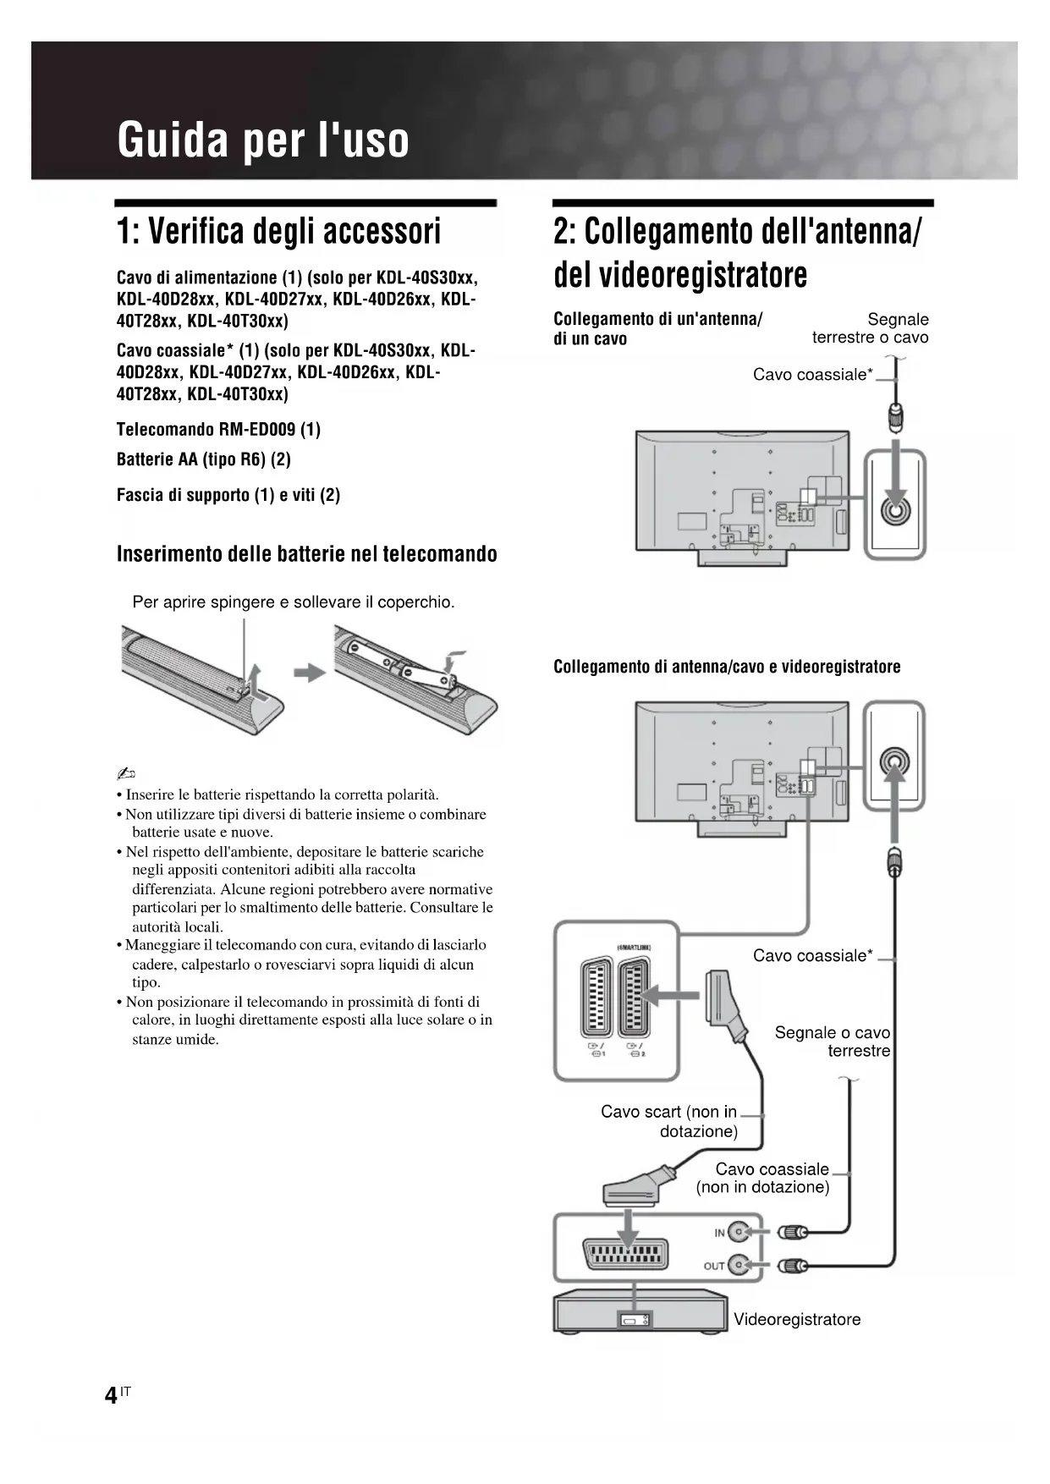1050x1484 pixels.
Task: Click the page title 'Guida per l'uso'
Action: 263,140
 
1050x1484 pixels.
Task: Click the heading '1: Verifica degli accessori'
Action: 278,231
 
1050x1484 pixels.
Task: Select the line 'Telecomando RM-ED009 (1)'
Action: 218,430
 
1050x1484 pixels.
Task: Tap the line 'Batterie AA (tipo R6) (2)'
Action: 203,459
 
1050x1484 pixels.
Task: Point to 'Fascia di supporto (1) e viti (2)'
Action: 228,495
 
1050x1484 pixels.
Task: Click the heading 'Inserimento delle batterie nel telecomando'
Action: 306,554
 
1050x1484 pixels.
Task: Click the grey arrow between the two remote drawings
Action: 310,673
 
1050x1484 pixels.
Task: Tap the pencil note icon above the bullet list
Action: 126,773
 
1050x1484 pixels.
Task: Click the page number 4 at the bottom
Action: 111,1395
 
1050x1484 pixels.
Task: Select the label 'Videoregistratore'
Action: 796,1319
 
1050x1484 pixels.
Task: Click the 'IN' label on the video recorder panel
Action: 719,1233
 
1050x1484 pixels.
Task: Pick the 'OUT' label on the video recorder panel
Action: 714,1266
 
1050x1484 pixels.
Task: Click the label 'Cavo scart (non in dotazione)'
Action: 669,1121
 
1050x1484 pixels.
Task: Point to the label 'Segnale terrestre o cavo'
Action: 871,328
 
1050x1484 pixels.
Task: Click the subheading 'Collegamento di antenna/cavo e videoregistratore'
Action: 727,667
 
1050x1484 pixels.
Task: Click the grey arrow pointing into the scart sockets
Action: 673,997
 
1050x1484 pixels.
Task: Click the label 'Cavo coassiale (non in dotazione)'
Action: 764,1178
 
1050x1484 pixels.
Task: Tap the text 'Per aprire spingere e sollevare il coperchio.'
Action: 294,602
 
